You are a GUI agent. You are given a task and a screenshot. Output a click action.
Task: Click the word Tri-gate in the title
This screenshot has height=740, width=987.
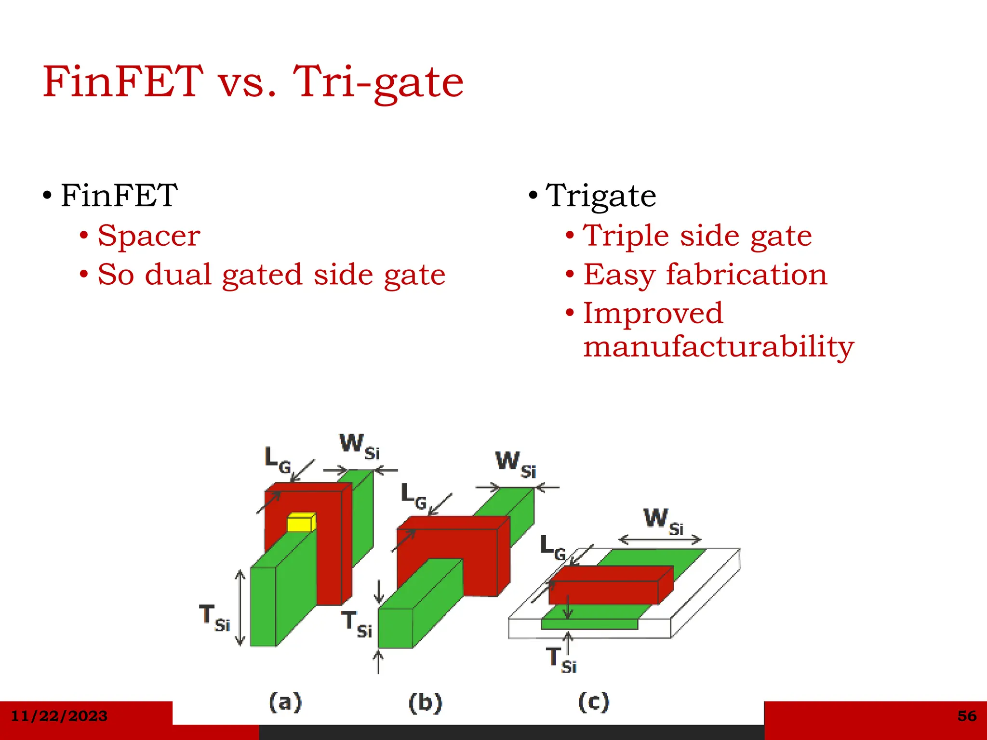378,82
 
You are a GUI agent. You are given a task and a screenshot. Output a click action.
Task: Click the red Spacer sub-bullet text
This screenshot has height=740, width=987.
149,236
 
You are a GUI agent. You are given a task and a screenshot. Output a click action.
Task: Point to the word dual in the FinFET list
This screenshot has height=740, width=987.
178,275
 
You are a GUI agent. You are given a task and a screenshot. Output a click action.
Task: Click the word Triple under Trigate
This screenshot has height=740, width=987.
626,236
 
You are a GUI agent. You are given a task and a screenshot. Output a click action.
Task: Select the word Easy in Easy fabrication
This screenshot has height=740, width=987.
619,275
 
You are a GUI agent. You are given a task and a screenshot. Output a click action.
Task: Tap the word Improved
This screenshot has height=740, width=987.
653,313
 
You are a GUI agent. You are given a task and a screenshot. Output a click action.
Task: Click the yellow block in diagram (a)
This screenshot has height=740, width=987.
301,522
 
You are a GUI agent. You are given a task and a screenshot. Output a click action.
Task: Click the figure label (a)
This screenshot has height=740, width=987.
285,702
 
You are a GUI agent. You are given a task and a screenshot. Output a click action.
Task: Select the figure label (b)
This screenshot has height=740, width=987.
425,703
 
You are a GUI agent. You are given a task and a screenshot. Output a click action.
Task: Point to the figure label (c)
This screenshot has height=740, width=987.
593,702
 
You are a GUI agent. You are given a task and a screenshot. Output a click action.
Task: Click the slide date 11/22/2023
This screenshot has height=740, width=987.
59,716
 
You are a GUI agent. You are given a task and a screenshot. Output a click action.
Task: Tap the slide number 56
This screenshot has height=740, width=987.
967,716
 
